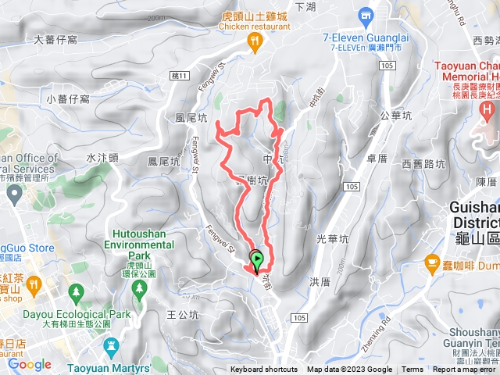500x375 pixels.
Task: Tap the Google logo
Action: [30, 364]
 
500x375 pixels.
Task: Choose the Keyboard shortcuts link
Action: [263, 370]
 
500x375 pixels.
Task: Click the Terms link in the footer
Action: [412, 370]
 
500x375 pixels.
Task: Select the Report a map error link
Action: [465, 370]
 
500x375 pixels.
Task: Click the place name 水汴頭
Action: [102, 157]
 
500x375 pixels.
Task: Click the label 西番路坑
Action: [423, 164]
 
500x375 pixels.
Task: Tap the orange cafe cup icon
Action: [429, 265]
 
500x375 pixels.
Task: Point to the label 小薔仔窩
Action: [68, 98]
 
